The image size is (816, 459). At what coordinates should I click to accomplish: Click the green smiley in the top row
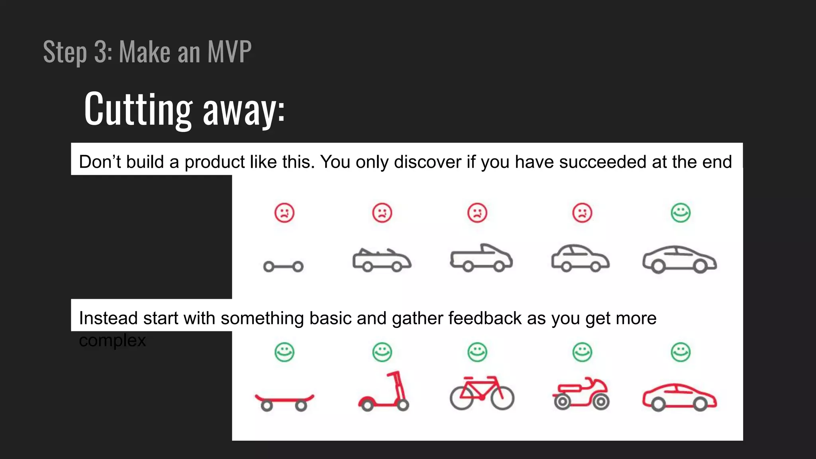(x=681, y=213)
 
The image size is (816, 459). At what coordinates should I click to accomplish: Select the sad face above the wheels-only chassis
(x=284, y=213)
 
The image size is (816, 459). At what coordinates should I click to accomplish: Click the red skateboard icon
(x=284, y=401)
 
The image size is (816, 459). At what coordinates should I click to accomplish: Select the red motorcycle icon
(x=581, y=394)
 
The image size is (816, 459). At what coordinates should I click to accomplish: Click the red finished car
(x=679, y=397)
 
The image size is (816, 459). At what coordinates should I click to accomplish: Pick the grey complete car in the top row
(x=679, y=259)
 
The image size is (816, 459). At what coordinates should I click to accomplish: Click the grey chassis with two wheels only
(x=283, y=267)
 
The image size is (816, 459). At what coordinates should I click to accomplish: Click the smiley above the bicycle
(x=477, y=352)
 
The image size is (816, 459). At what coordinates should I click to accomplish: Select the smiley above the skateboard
(x=284, y=352)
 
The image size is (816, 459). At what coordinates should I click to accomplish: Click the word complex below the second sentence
(x=112, y=341)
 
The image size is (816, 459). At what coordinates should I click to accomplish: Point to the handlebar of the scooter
(x=393, y=375)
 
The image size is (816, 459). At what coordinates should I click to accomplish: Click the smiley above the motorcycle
(x=582, y=352)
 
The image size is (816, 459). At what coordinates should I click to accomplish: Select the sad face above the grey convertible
(x=382, y=213)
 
